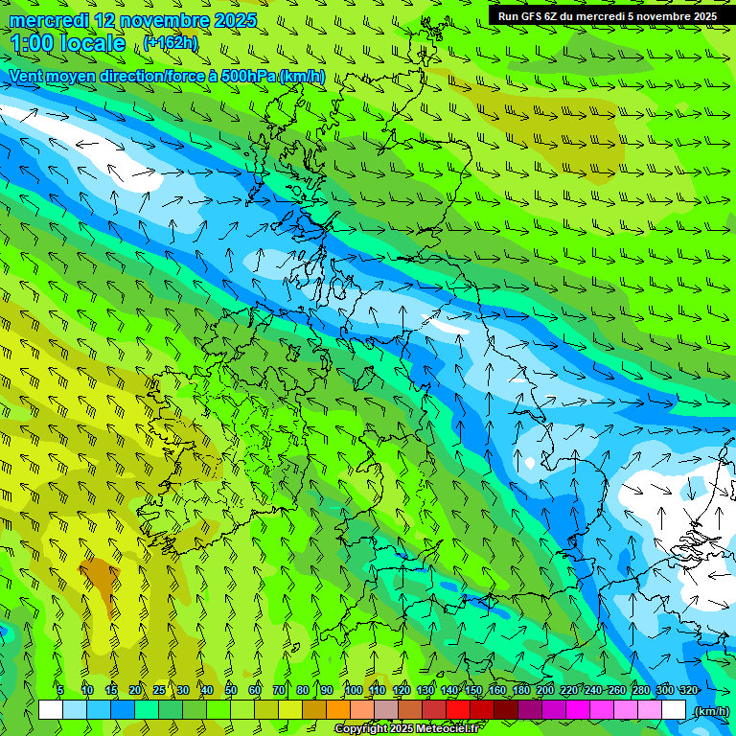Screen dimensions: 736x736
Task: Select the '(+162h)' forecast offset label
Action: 172,42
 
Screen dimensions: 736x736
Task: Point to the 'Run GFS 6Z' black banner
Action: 607,15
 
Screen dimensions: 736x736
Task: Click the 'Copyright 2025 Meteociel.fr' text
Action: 406,728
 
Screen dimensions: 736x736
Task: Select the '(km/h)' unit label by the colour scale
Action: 710,710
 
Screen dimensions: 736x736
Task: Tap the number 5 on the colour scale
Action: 60,690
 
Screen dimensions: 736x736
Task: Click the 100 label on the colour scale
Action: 354,690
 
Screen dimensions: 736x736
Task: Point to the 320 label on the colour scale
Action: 688,690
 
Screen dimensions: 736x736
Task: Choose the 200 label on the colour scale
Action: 545,690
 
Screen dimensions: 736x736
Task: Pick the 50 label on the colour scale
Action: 231,690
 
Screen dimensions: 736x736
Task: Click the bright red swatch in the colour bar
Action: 458,709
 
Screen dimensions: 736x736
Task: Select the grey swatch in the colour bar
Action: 386,709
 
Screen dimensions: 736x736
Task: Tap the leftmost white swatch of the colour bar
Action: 50,709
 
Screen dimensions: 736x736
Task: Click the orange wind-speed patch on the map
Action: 99,575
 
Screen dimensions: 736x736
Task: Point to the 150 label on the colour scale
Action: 473,690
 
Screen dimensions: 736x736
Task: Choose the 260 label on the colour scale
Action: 617,690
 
